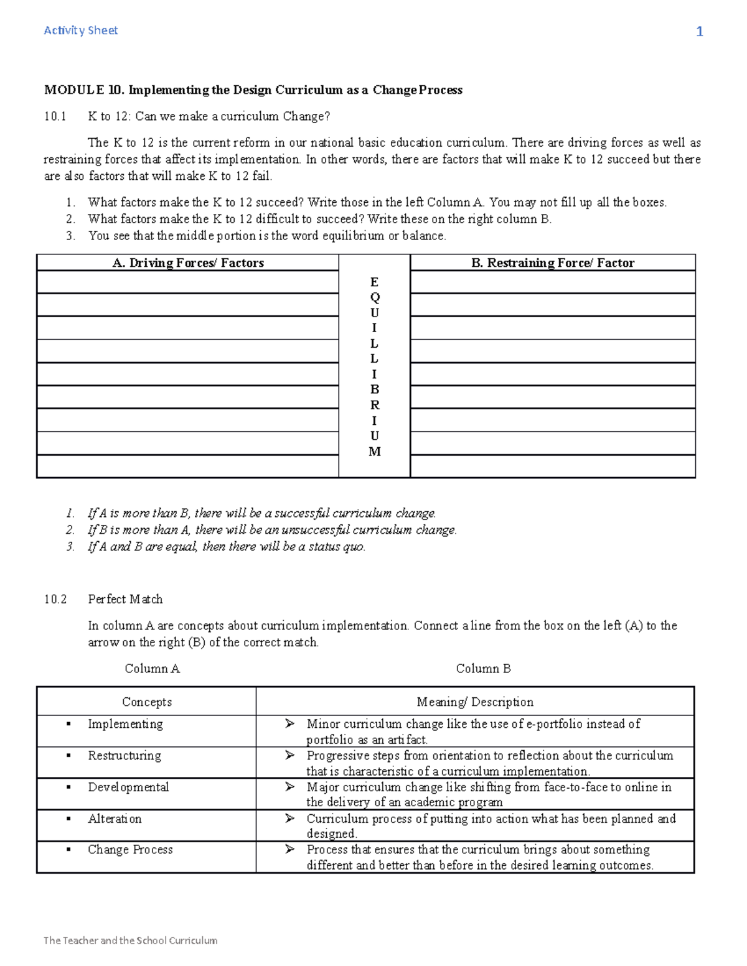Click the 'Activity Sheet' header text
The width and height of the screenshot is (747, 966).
coord(80,30)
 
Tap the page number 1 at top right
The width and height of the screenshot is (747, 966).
coord(699,32)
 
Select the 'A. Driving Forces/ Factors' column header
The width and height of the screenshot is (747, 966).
coord(187,263)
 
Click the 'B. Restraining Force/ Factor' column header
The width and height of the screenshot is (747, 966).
coord(552,263)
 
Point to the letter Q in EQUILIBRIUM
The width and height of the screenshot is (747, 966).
coord(374,297)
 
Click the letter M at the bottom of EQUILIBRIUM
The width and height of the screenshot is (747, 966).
coord(374,452)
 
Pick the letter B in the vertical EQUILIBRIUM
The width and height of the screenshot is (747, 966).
coord(374,389)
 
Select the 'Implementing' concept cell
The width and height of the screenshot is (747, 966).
coord(125,724)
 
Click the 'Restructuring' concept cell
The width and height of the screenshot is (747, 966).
coord(124,756)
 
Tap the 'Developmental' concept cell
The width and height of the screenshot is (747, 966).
coord(128,787)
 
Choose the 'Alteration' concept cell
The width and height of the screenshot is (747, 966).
coord(115,819)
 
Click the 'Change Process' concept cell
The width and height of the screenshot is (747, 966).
coord(130,850)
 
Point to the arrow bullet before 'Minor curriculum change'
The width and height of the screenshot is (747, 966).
coord(289,723)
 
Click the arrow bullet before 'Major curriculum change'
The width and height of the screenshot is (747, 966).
coord(289,787)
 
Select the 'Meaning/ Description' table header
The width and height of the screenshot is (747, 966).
coord(475,702)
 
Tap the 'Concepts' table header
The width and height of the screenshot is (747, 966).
coord(147,702)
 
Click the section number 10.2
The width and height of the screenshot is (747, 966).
coord(55,599)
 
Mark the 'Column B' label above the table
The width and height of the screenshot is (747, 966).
coord(483,669)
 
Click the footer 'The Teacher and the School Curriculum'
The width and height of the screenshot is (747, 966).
coord(130,940)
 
